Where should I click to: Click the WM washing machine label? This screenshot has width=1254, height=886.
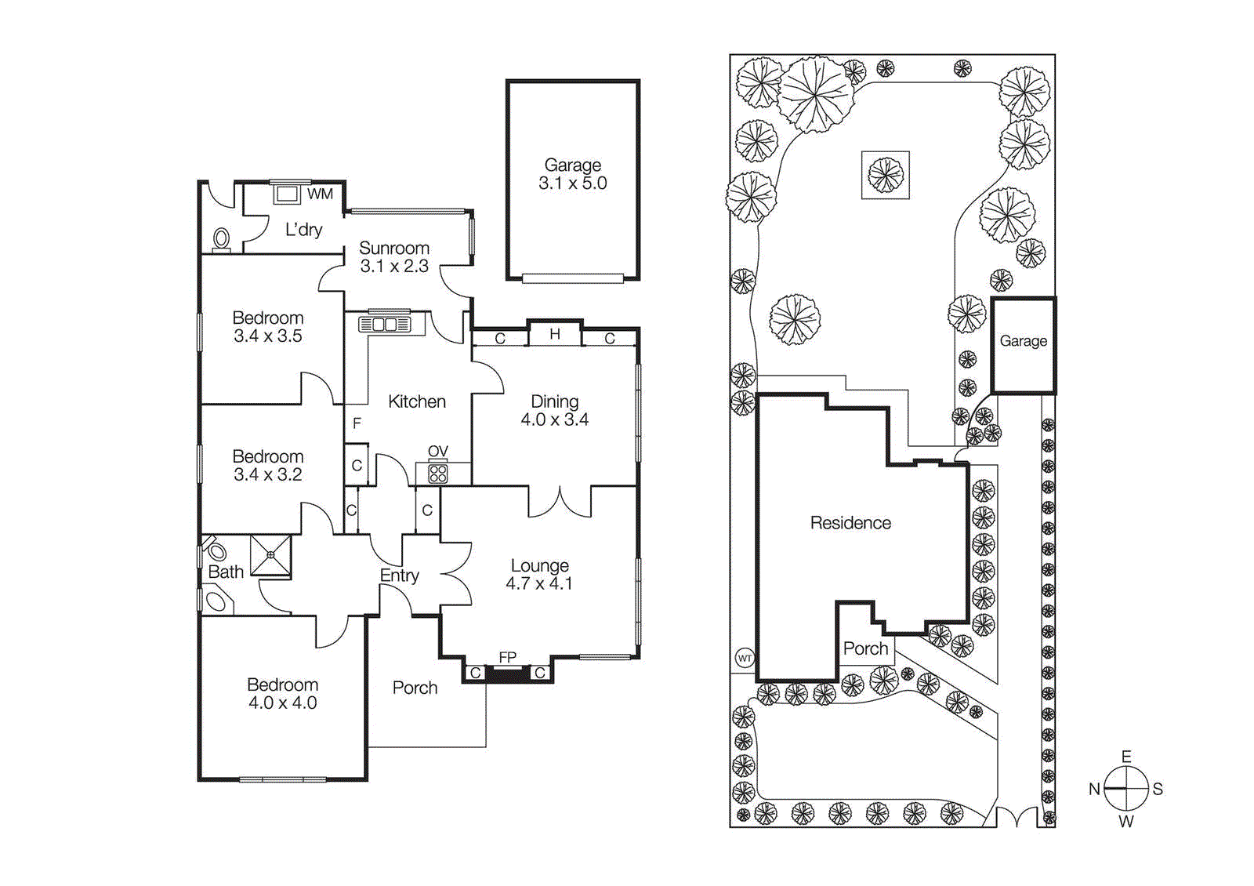click(x=320, y=194)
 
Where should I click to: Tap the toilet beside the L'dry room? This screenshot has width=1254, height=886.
click(x=222, y=238)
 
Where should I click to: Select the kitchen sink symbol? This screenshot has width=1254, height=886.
click(x=385, y=323)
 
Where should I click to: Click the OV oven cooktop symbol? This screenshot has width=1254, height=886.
click(x=437, y=473)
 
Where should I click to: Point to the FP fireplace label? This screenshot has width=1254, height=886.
click(x=508, y=657)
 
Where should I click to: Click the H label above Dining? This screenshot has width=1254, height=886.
click(x=555, y=334)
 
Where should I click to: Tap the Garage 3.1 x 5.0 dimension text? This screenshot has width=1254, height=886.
click(x=573, y=183)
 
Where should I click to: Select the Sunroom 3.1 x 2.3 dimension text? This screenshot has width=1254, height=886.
click(x=394, y=267)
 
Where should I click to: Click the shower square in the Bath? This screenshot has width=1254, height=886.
click(x=270, y=555)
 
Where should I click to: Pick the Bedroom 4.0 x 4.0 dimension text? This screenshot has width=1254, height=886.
click(x=282, y=703)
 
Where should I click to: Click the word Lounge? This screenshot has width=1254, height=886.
click(x=540, y=565)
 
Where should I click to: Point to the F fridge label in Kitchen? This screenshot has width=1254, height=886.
click(x=357, y=423)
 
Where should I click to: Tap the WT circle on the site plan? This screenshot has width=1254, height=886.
click(x=745, y=658)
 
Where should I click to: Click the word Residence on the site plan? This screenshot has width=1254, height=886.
click(x=850, y=523)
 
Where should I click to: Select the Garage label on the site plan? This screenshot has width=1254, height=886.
click(x=1023, y=341)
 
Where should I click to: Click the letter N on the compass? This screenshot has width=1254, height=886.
click(x=1094, y=790)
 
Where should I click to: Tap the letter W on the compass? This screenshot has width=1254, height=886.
click(x=1126, y=822)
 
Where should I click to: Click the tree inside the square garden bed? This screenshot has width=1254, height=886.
click(x=886, y=175)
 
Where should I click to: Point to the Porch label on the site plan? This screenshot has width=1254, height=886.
click(x=865, y=648)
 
